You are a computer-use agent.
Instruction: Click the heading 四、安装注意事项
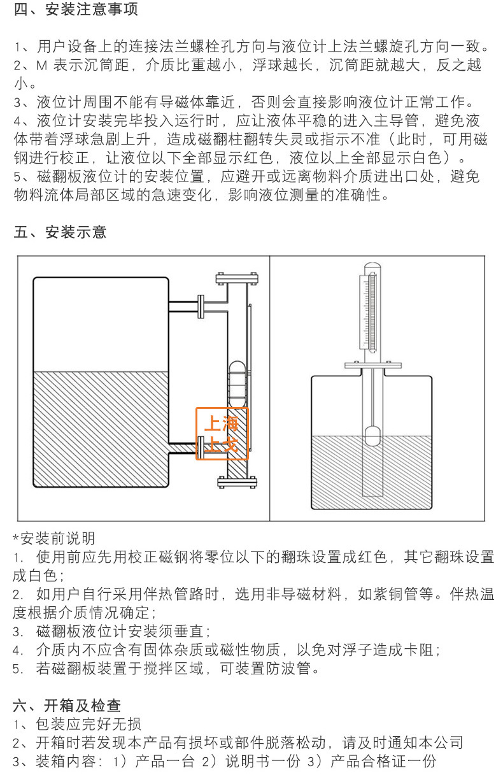[76, 10]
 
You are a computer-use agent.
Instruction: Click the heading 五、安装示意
[60, 232]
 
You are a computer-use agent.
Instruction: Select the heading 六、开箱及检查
[67, 706]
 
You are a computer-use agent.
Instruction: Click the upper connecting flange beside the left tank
[202, 306]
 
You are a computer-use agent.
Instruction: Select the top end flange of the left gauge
[237, 278]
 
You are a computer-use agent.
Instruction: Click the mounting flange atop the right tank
[372, 366]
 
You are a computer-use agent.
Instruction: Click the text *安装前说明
[54, 539]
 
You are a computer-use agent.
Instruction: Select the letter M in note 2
[42, 65]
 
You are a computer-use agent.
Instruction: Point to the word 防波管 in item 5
[296, 669]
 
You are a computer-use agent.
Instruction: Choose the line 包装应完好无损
[89, 724]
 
